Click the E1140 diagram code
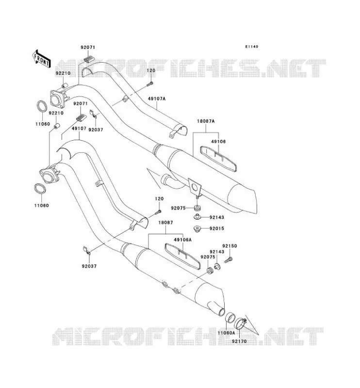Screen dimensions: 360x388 pos(251,47)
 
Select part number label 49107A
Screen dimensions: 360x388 pos(157,99)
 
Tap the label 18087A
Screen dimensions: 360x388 pos(206,121)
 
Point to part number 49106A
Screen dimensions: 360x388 pos(183,240)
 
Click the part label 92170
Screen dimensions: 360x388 pos(239,341)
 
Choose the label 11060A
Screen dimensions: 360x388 pos(226,333)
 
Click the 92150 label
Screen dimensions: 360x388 pos(229,246)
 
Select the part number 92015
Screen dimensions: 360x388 pos(217,228)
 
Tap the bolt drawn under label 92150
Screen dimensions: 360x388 pos(229,260)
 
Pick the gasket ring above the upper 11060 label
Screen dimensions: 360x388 pos(42,106)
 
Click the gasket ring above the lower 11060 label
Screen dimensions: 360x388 pos(40,189)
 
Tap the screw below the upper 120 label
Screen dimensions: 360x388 pos(150,84)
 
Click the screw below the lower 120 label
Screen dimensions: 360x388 pos(158,212)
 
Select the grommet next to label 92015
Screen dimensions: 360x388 pos(197,228)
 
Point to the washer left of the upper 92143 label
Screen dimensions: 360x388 pos(197,217)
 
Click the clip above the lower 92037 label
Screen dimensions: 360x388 pos(87,250)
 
